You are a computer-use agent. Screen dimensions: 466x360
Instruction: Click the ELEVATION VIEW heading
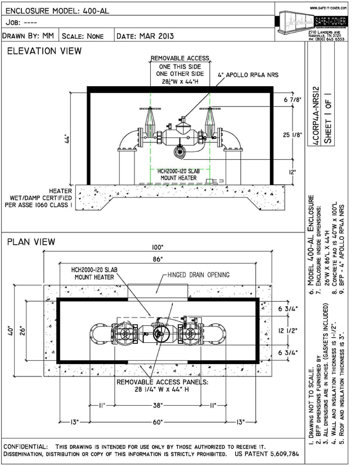[x=43, y=51]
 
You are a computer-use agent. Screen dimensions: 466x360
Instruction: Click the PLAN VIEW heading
[x=31, y=242]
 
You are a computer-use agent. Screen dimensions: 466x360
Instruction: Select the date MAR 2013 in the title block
[x=146, y=36]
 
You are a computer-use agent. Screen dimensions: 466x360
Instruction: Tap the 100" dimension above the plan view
[x=157, y=248]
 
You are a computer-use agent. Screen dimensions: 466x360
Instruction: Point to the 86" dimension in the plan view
[x=157, y=259]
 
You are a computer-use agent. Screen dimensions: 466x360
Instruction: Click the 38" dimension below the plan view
[x=157, y=406]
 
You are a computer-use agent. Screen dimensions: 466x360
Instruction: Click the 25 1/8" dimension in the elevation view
[x=291, y=134]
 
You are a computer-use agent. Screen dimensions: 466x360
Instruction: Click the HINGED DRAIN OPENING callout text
[x=198, y=275]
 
